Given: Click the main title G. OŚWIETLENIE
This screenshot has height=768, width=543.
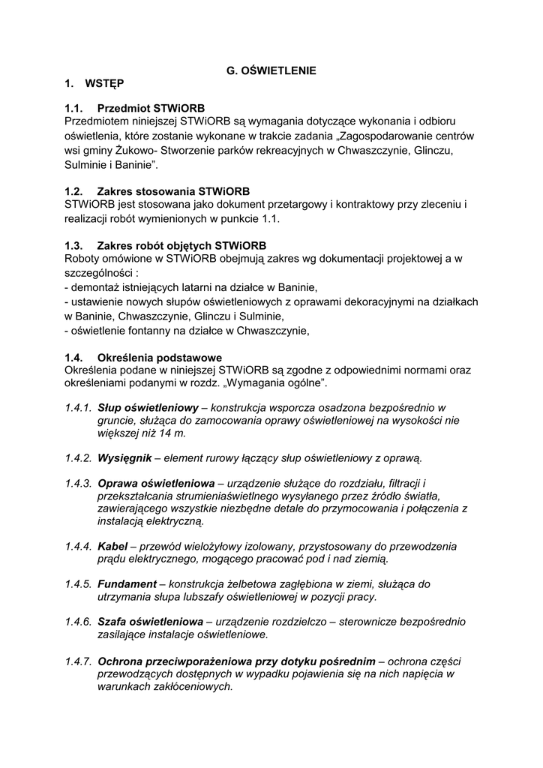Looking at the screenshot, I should tap(271, 70).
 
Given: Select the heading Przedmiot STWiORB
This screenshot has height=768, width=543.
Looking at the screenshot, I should tap(151, 109).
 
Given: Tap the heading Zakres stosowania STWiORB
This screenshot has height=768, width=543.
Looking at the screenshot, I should tap(173, 191).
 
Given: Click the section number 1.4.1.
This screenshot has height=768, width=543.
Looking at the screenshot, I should tap(78, 407).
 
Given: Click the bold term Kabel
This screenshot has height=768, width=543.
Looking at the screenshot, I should tap(112, 546).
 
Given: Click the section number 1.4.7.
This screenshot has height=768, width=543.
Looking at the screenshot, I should tap(78, 661).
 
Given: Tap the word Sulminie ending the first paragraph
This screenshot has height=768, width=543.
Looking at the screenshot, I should tap(88, 163).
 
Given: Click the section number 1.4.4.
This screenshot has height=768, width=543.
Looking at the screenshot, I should tap(78, 546).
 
